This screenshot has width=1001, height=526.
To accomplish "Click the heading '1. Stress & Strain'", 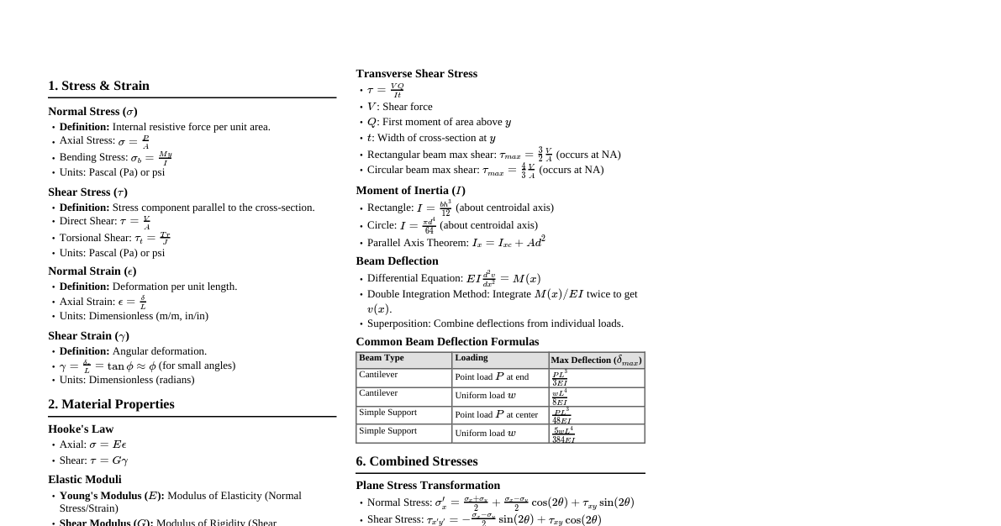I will point(98,86).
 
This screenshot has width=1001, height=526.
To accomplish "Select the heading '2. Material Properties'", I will point(111,404).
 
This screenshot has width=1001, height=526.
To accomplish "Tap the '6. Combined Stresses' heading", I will point(416,461).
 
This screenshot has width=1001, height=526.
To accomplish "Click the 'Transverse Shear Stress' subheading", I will point(416,74).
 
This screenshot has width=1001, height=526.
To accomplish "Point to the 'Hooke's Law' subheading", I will point(81,429).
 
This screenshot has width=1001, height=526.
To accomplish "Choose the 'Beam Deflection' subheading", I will point(397,261).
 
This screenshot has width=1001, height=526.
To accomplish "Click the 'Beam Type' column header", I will point(382,358).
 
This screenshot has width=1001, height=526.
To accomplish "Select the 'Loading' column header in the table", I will point(472,358).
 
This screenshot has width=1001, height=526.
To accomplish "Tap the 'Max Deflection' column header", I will point(596,360).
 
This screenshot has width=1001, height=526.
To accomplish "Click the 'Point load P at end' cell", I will point(492,377).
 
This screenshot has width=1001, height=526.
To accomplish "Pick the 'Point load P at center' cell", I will point(496,415).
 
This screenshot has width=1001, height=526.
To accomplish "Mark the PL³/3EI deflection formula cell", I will point(560,378).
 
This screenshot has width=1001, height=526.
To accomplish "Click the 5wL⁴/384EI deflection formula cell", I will point(563,434).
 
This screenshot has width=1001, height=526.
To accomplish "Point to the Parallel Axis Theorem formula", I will point(508,243).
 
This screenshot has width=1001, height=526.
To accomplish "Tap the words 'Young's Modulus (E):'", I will point(112,496).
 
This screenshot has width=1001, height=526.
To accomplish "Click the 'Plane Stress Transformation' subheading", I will point(428,486).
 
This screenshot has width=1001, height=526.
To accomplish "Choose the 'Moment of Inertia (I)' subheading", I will point(410,191).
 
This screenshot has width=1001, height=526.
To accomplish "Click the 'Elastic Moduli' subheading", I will point(85,480).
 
